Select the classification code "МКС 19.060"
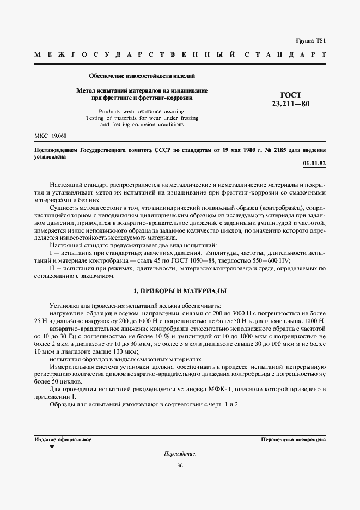point(50,135)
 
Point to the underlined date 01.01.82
point(314,163)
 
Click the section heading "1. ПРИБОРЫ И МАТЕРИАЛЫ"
point(180,291)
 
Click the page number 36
point(180,466)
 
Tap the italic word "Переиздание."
point(180,453)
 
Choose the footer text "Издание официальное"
point(63,439)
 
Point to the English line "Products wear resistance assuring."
point(142,111)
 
